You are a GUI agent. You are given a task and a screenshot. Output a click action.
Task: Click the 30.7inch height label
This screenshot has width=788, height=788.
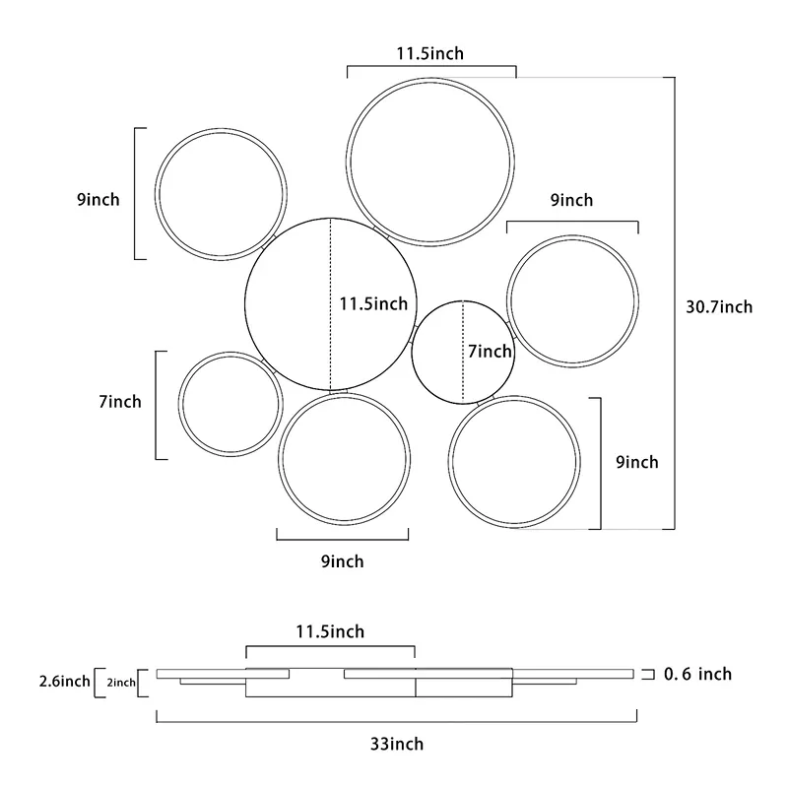[719, 306]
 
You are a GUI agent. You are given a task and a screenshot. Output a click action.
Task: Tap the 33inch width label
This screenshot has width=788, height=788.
[397, 744]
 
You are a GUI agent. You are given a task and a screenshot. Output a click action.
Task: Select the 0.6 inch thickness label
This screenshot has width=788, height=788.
[697, 674]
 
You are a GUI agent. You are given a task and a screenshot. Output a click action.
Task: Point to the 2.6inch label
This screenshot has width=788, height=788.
[65, 681]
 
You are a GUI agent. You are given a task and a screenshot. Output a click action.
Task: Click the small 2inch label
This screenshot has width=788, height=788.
[121, 683]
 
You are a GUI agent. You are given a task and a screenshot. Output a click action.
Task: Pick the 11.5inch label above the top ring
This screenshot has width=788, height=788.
[430, 53]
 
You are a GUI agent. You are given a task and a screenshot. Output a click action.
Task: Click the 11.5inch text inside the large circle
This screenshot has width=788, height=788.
[373, 303]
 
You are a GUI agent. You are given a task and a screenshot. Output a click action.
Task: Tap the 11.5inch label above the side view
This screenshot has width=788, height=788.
[330, 631]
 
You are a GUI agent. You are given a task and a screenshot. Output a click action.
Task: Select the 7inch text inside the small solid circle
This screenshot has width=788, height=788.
[490, 352]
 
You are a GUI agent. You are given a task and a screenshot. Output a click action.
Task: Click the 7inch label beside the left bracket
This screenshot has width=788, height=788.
[120, 402]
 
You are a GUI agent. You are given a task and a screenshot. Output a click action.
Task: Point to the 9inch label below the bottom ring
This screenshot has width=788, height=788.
[342, 560]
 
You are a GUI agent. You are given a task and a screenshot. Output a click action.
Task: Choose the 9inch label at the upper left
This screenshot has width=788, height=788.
[98, 200]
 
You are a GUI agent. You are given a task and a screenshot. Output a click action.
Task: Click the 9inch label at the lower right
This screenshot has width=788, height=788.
[637, 462]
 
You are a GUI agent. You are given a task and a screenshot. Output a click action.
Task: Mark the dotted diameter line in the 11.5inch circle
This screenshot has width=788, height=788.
[331, 304]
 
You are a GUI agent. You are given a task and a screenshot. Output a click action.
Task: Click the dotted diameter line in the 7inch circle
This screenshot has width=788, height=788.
[463, 352]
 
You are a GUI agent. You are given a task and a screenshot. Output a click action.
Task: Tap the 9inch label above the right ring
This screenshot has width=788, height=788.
[572, 200]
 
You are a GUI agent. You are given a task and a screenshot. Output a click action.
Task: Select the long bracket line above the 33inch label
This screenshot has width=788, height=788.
[397, 722]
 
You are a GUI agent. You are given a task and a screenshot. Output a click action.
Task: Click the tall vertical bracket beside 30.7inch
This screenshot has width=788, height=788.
[675, 303]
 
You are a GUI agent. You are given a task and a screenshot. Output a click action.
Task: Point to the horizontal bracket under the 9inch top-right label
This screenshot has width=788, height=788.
[572, 221]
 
